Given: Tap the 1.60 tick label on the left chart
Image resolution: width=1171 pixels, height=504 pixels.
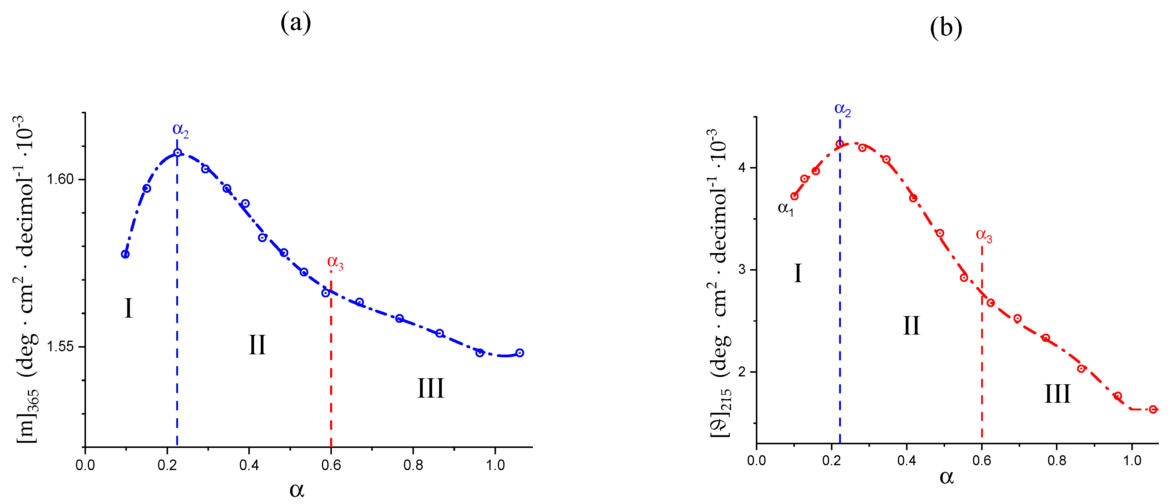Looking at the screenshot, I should coord(61,179).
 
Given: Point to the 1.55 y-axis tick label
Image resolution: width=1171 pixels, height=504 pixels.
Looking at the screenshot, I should coord(61,347).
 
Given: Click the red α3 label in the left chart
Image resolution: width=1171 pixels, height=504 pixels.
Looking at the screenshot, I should coord(335,262).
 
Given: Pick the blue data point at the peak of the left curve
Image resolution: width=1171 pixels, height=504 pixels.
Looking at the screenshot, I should coord(177,153).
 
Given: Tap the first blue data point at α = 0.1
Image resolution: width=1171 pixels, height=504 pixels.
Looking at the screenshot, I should coord(125,254).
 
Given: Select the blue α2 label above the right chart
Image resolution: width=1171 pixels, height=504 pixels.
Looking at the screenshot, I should coord(842,110).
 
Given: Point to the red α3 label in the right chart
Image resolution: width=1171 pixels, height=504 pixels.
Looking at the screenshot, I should coord(984,235).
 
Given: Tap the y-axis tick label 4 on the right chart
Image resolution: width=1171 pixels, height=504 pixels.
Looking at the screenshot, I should coord(742,168).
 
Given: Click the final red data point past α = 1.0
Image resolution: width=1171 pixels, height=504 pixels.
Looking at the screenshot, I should coord(1153,409).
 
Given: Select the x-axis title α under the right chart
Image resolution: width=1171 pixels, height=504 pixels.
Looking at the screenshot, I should coord(946,477).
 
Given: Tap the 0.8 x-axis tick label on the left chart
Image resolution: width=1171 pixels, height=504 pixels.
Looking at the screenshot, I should coord(413,465).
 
